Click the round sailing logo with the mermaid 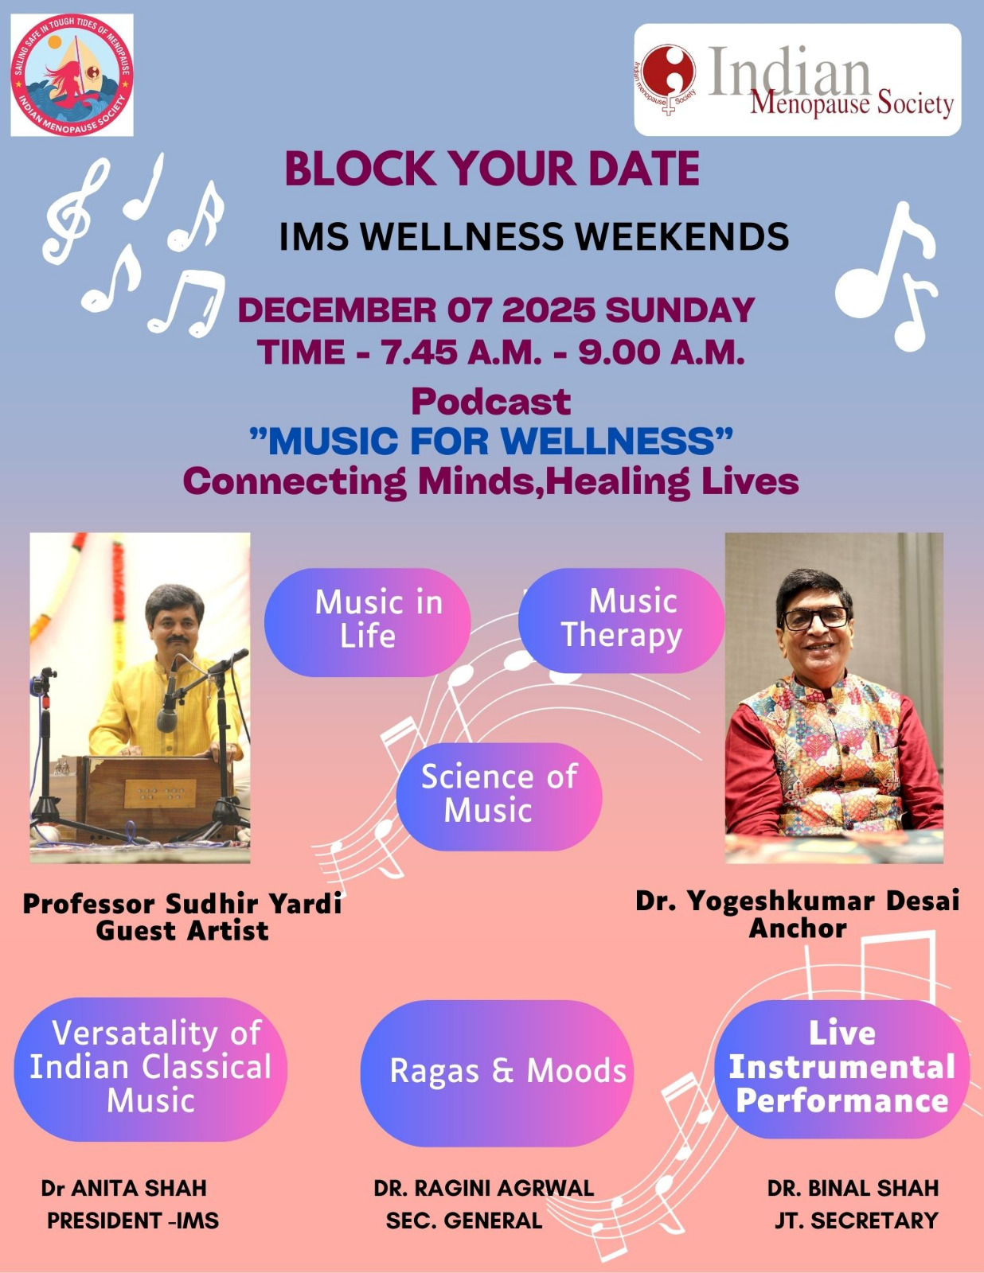[x=72, y=76]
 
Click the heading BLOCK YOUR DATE [x=492, y=169]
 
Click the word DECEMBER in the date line [x=338, y=310]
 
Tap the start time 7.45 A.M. [x=462, y=352]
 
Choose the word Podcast [x=491, y=402]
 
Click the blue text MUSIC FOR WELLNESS [x=491, y=441]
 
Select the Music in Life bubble [x=368, y=622]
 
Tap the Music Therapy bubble [x=621, y=620]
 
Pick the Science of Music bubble [x=499, y=796]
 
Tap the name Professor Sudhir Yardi [x=182, y=904]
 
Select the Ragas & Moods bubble [x=497, y=1073]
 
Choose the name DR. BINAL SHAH [x=853, y=1188]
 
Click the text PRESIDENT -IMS [x=133, y=1220]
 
